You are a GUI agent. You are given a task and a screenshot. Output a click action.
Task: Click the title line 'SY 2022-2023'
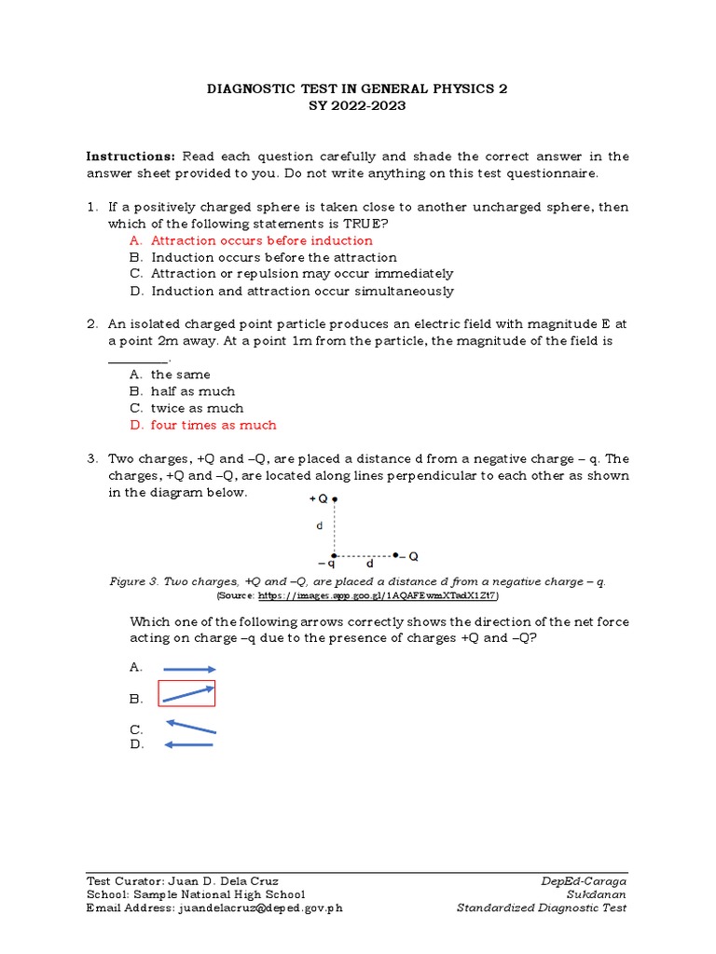pyautogui.click(x=357, y=105)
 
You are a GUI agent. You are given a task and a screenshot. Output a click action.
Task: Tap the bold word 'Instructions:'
pyautogui.click(x=131, y=156)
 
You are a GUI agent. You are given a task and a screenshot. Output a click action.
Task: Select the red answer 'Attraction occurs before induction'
pyautogui.click(x=261, y=240)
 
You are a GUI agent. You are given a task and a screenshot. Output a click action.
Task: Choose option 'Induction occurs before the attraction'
pyautogui.click(x=273, y=257)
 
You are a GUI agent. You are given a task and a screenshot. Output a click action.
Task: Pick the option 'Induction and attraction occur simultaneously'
pyautogui.click(x=302, y=291)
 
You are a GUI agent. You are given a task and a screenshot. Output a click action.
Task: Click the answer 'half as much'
pyautogui.click(x=193, y=391)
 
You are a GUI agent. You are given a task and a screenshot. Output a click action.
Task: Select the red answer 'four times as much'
pyautogui.click(x=213, y=425)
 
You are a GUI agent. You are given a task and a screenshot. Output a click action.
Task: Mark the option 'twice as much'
pyautogui.click(x=197, y=408)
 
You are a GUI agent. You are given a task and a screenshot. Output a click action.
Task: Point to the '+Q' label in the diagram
pyautogui.click(x=318, y=499)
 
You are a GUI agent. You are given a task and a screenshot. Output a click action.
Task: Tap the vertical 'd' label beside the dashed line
pyautogui.click(x=319, y=526)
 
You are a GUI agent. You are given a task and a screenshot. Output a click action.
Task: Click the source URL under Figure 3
pyautogui.click(x=378, y=594)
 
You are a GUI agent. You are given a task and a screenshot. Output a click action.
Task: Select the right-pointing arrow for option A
pyautogui.click(x=189, y=669)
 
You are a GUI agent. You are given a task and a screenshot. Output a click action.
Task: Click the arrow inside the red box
pyautogui.click(x=187, y=694)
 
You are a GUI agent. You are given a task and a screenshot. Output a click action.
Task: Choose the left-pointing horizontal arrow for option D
pyautogui.click(x=189, y=744)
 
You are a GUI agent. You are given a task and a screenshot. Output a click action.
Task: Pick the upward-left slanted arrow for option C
pyautogui.click(x=190, y=727)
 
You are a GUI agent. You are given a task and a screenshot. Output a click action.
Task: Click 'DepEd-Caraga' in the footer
pyautogui.click(x=584, y=881)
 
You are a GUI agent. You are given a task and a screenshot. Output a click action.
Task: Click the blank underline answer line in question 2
pyautogui.click(x=139, y=360)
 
